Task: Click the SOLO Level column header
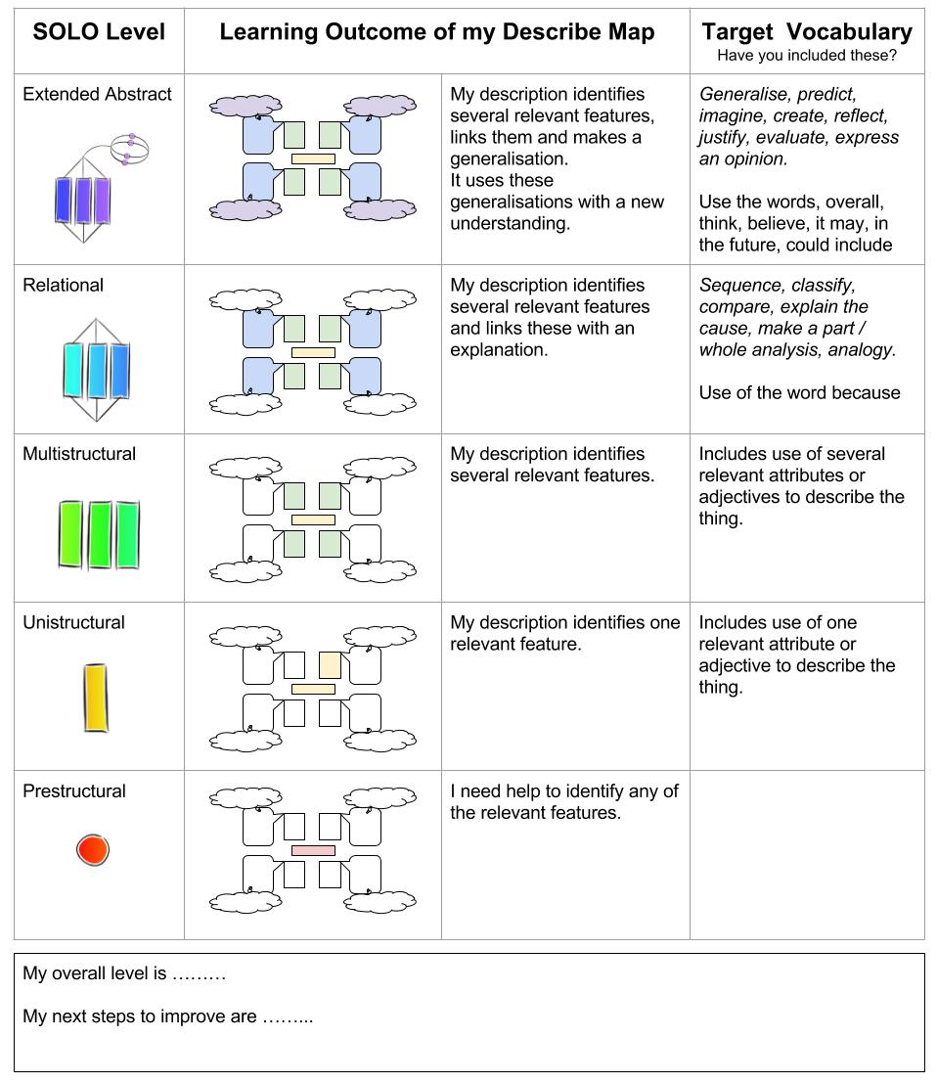pyautogui.click(x=99, y=31)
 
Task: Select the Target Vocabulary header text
pyautogui.click(x=806, y=31)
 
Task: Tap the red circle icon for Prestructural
pyautogui.click(x=93, y=849)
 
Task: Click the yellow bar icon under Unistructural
pyautogui.click(x=95, y=698)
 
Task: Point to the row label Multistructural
pyautogui.click(x=79, y=454)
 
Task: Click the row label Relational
pyautogui.click(x=63, y=286)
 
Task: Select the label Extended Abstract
pyautogui.click(x=97, y=95)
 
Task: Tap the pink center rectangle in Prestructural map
pyautogui.click(x=313, y=850)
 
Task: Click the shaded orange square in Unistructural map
pyautogui.click(x=330, y=665)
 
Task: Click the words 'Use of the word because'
pyautogui.click(x=799, y=393)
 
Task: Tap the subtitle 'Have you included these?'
pyautogui.click(x=806, y=56)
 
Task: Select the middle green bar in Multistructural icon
pyautogui.click(x=100, y=534)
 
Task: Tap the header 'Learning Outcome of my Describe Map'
pyautogui.click(x=436, y=31)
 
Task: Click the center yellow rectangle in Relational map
pyautogui.click(x=313, y=351)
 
